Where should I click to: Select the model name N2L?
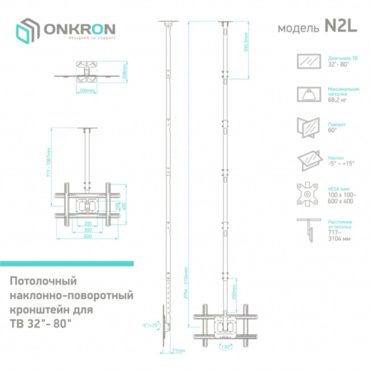click(x=340, y=27)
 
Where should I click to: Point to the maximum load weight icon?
click(x=310, y=94)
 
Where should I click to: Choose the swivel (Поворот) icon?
click(x=310, y=127)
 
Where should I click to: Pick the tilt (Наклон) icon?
click(x=310, y=160)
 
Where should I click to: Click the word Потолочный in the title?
click(x=43, y=282)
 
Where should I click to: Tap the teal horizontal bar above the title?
click(x=67, y=264)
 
